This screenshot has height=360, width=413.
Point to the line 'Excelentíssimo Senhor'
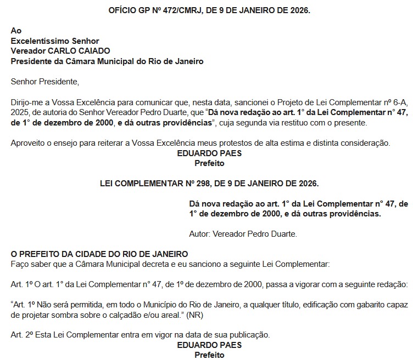(x=55, y=41)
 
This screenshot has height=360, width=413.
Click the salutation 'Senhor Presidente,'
(x=45, y=82)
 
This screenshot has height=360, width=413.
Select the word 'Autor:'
(x=200, y=234)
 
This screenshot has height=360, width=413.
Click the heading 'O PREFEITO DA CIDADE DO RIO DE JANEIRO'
(x=99, y=254)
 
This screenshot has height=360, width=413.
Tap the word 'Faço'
(x=20, y=265)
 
